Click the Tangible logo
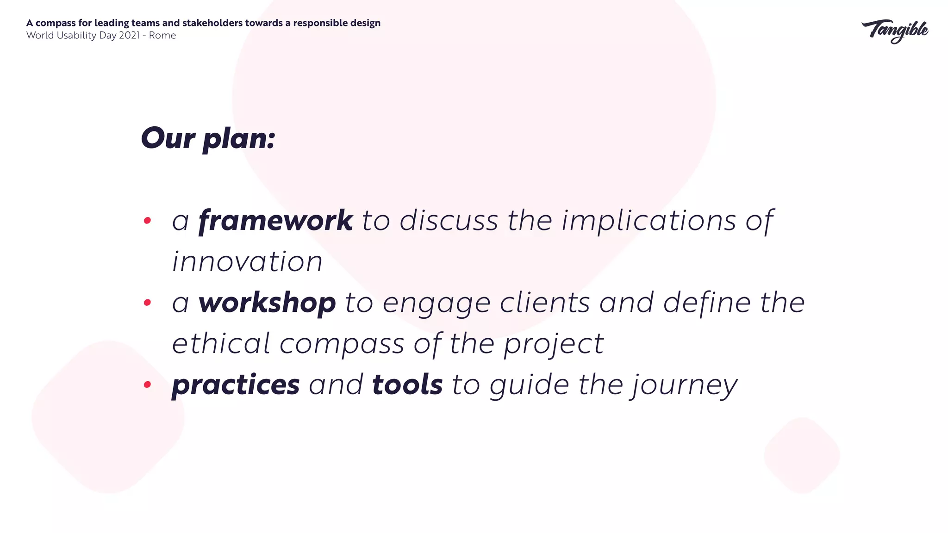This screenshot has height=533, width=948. [895, 31]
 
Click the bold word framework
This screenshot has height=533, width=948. [275, 221]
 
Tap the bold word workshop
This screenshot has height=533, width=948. [267, 303]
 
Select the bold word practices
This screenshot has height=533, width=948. [236, 385]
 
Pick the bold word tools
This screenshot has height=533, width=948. [407, 385]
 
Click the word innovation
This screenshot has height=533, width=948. [247, 262]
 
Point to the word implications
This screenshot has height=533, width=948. [649, 221]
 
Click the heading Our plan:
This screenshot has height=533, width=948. [208, 138]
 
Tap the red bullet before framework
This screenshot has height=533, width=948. [147, 221]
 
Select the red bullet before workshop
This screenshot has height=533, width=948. [147, 303]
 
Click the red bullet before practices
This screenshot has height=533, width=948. [147, 384]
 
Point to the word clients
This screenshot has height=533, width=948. [545, 303]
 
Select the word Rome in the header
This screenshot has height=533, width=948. [162, 36]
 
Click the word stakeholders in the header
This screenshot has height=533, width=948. [212, 23]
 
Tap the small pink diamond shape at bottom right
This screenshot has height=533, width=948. [802, 455]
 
